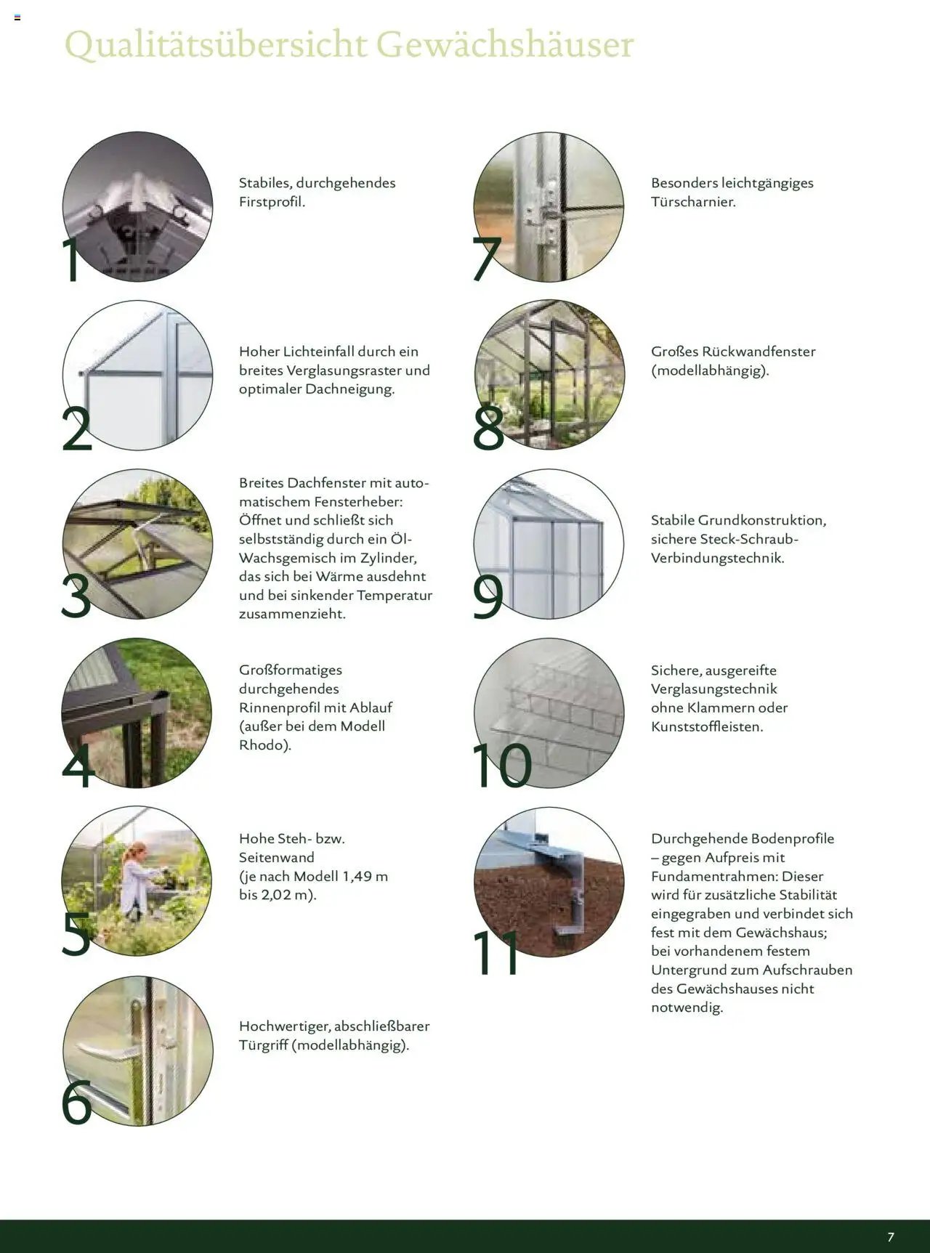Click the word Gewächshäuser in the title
[x=505, y=45]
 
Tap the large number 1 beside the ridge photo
[x=72, y=259]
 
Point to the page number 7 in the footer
[x=891, y=1237]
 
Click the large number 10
[x=501, y=765]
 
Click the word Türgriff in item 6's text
[x=263, y=1045]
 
